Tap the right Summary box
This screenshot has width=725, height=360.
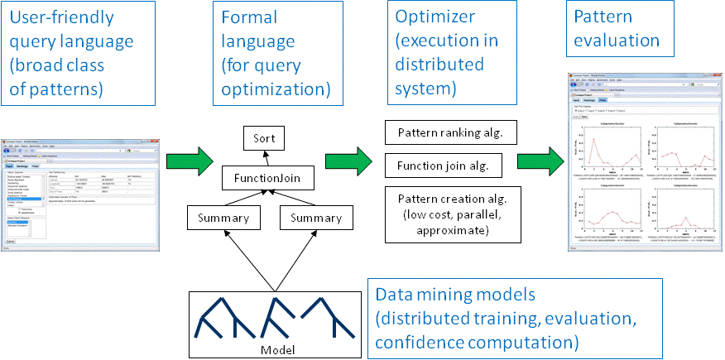[310, 218]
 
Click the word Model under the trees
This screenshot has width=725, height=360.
[277, 348]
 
